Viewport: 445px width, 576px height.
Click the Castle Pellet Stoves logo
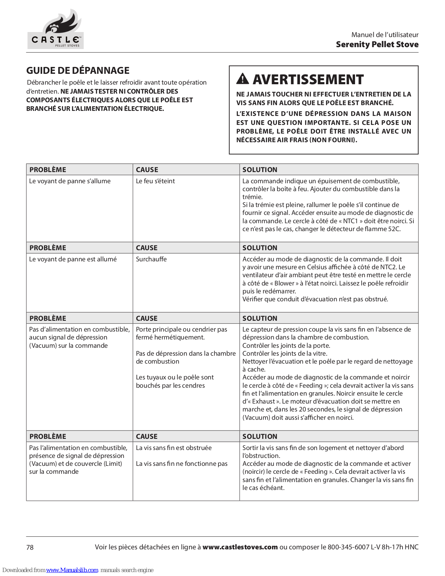(56, 30)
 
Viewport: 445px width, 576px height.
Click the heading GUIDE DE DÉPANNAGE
(78, 71)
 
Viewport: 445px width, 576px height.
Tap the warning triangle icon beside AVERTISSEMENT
(243, 78)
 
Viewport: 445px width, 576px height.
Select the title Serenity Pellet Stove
(377, 45)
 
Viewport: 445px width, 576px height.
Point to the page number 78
(30, 547)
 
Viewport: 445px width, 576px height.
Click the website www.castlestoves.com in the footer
(240, 547)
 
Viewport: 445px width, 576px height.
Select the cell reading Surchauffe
(151, 259)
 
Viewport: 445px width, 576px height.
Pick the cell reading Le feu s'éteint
(155, 181)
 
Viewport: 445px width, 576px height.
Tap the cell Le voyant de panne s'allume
(70, 181)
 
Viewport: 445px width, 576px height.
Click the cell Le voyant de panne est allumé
(73, 259)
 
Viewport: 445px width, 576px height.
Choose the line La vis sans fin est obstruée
(174, 448)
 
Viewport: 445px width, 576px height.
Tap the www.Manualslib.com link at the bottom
(72, 570)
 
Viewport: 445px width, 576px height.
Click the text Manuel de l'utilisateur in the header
(385, 35)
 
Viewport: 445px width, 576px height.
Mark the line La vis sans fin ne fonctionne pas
(182, 464)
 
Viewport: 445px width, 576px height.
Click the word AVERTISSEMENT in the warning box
(308, 79)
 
